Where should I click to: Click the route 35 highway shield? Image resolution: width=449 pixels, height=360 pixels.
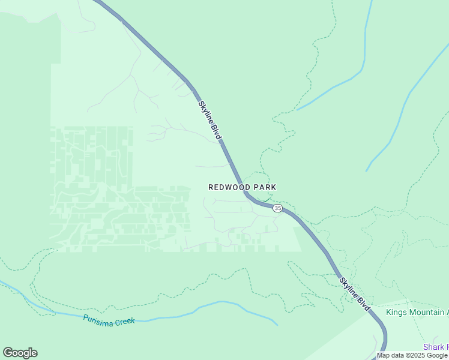click(x=277, y=208)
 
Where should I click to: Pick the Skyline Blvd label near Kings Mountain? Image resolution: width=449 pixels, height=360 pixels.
click(x=354, y=294)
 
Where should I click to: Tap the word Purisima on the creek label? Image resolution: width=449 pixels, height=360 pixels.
click(x=98, y=318)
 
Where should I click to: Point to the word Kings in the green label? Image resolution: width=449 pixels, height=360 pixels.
click(x=397, y=312)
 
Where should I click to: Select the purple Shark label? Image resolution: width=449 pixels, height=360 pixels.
click(x=433, y=347)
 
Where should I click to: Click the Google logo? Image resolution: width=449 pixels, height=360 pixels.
click(x=20, y=353)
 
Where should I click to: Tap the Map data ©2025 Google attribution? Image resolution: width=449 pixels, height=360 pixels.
click(x=412, y=355)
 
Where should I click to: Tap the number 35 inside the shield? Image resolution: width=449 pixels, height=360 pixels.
click(x=277, y=208)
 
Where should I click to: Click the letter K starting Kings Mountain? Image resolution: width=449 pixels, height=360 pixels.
click(x=388, y=312)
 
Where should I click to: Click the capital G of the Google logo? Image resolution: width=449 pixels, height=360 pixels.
click(x=8, y=353)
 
